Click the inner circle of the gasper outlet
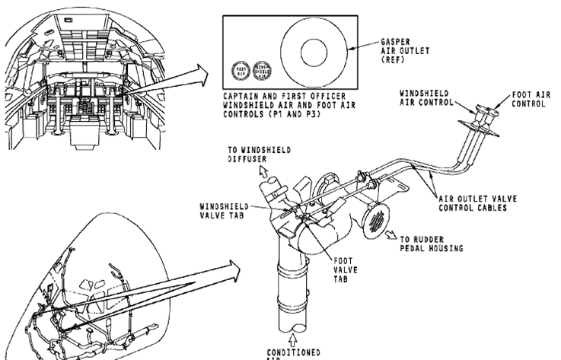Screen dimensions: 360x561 pyautogui.click(x=313, y=53)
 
